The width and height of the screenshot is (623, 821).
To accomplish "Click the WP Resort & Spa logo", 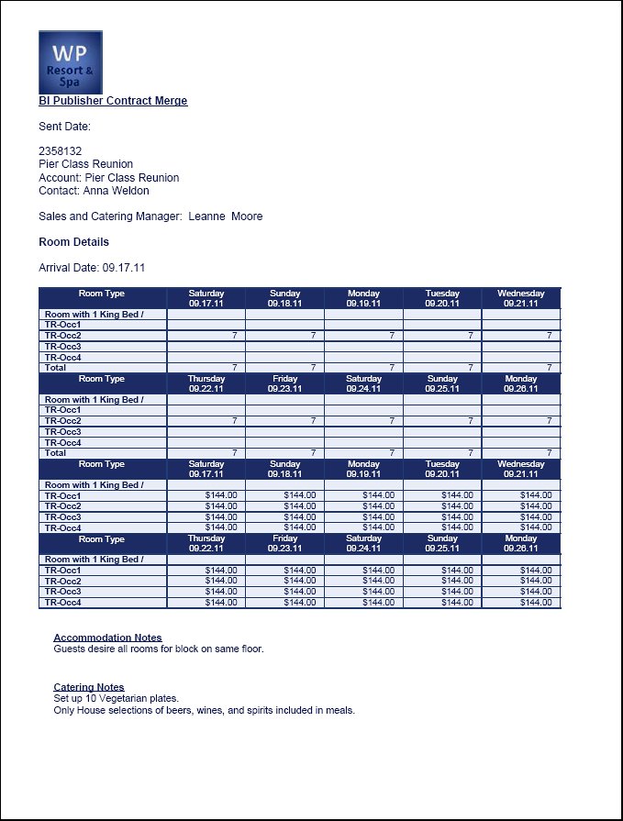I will pyautogui.click(x=70, y=61).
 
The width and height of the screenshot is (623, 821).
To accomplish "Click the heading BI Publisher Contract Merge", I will pyautogui.click(x=113, y=101).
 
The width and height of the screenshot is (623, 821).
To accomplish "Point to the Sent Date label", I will pyautogui.click(x=64, y=127).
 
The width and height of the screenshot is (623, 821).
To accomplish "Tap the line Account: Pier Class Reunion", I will pyautogui.click(x=108, y=178).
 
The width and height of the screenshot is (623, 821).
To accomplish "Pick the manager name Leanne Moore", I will pyautogui.click(x=226, y=216).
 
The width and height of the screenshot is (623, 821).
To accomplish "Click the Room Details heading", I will pyautogui.click(x=73, y=242).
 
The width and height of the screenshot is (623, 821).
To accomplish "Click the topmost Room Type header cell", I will pyautogui.click(x=102, y=294).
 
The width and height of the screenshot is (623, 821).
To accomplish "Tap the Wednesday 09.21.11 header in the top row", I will pyautogui.click(x=520, y=298).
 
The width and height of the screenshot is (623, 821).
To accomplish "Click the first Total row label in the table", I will pyautogui.click(x=56, y=367).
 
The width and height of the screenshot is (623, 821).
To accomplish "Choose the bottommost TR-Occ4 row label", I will pyautogui.click(x=63, y=603).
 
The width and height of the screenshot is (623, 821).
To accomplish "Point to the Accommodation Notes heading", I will pyautogui.click(x=107, y=638).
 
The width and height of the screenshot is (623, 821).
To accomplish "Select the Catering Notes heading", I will pyautogui.click(x=89, y=687).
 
